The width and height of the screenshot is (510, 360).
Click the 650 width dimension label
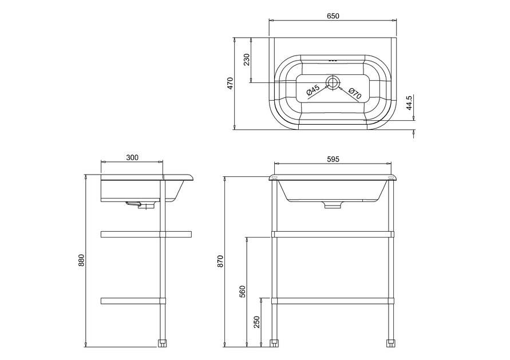(x=333, y=16)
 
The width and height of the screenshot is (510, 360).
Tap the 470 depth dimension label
(x=230, y=83)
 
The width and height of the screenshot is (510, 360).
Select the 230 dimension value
(x=247, y=60)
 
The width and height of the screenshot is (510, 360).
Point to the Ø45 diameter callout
(x=313, y=90)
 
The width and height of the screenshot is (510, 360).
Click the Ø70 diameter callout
(x=354, y=93)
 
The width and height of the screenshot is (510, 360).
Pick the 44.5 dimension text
(x=409, y=103)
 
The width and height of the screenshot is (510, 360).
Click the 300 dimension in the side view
(x=132, y=158)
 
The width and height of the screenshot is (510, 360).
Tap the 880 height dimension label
(x=81, y=260)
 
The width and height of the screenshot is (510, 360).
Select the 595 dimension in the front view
(x=333, y=159)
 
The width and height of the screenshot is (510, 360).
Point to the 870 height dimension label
(x=220, y=261)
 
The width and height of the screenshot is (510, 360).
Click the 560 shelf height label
(x=243, y=291)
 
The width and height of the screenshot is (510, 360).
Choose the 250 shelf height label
(x=257, y=322)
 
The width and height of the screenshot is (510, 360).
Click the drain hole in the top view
(x=333, y=82)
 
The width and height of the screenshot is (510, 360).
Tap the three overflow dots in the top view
(x=333, y=60)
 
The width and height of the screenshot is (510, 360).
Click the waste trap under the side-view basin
(x=140, y=204)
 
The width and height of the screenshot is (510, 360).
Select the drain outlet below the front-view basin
(x=333, y=204)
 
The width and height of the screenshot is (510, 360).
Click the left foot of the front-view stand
(x=275, y=343)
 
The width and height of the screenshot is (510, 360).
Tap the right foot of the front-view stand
(x=390, y=343)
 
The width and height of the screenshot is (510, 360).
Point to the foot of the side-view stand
(x=163, y=343)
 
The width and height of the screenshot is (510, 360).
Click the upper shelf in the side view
(x=146, y=234)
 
